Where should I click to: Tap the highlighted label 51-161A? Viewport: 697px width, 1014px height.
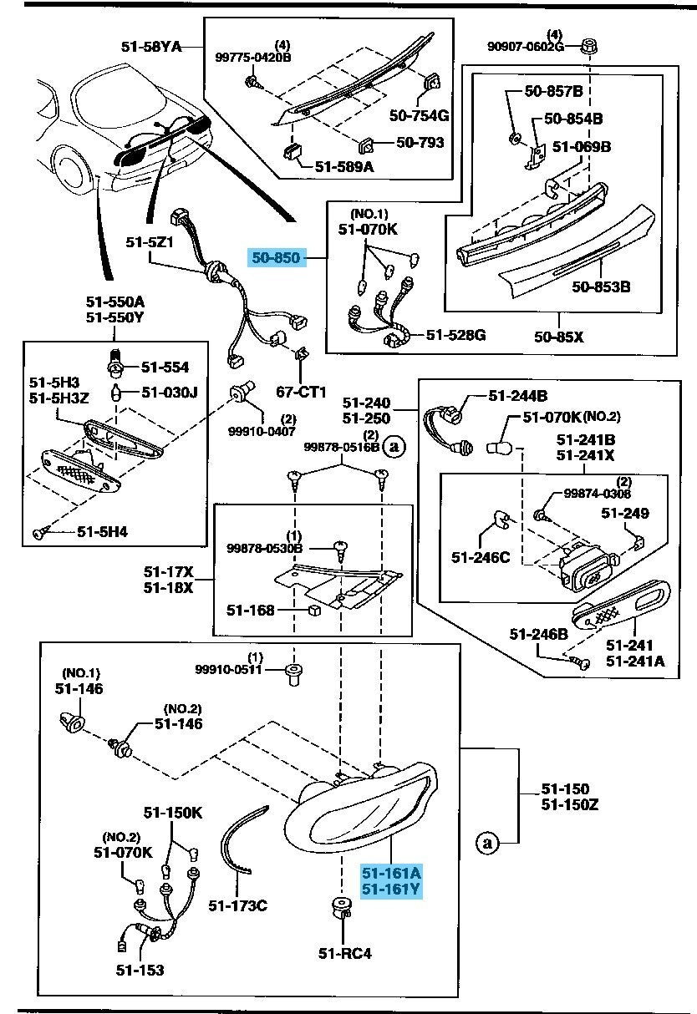(x=391, y=873)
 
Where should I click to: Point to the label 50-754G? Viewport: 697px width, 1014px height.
(x=420, y=114)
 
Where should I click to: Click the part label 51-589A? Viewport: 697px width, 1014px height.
(x=344, y=168)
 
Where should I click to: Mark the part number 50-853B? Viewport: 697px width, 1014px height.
(x=601, y=286)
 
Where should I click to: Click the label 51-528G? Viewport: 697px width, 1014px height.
(x=455, y=335)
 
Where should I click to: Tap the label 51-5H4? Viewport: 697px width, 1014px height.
(x=102, y=530)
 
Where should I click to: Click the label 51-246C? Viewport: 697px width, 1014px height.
(x=481, y=556)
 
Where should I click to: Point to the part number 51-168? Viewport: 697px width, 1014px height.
(x=250, y=610)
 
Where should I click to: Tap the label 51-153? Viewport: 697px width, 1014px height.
(x=140, y=970)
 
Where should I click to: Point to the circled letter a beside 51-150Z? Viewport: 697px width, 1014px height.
(x=487, y=843)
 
